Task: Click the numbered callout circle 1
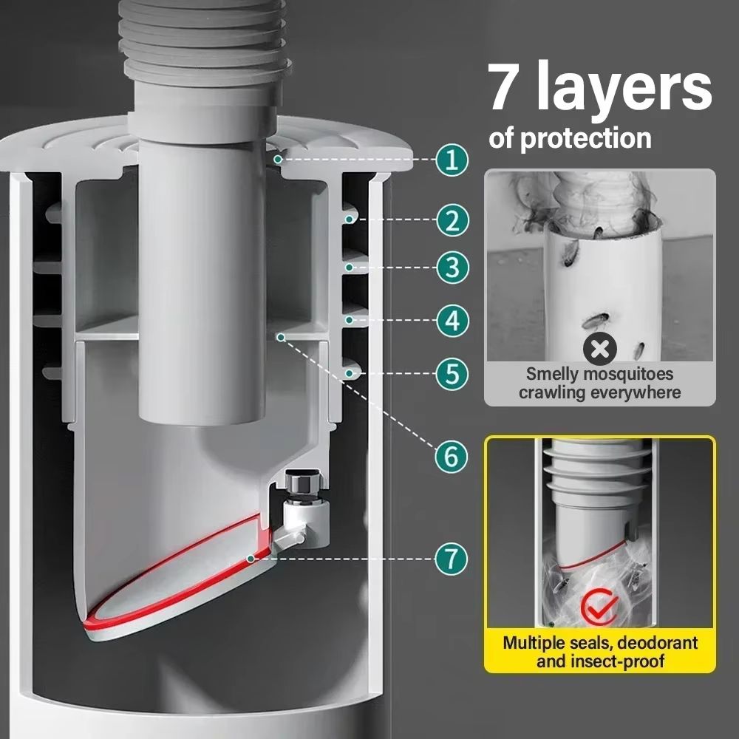point(452,160)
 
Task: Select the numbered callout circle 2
point(452,219)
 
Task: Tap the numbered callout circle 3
point(452,267)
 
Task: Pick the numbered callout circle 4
point(452,321)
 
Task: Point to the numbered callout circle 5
point(452,373)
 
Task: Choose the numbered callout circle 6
point(452,456)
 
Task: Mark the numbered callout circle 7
point(452,558)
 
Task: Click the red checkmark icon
point(599,606)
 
